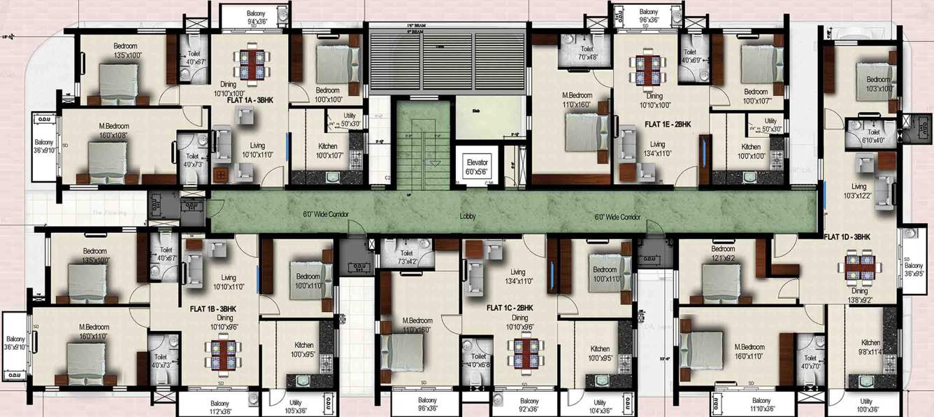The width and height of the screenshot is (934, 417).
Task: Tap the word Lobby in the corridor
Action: click(x=468, y=216)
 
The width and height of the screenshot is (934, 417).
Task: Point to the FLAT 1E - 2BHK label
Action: click(x=667, y=124)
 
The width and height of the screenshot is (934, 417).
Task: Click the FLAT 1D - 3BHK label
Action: click(x=846, y=236)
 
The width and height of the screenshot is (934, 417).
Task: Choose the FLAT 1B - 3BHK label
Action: click(x=213, y=308)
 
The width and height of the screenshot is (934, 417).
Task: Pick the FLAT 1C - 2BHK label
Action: click(x=510, y=307)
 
